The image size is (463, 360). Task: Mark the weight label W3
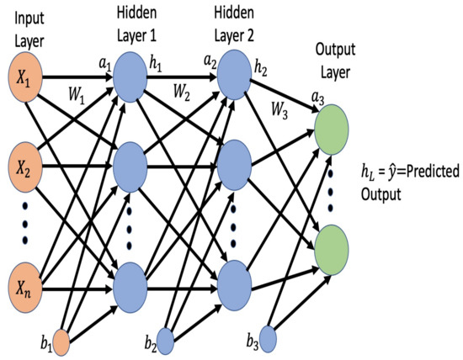click(281, 109)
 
